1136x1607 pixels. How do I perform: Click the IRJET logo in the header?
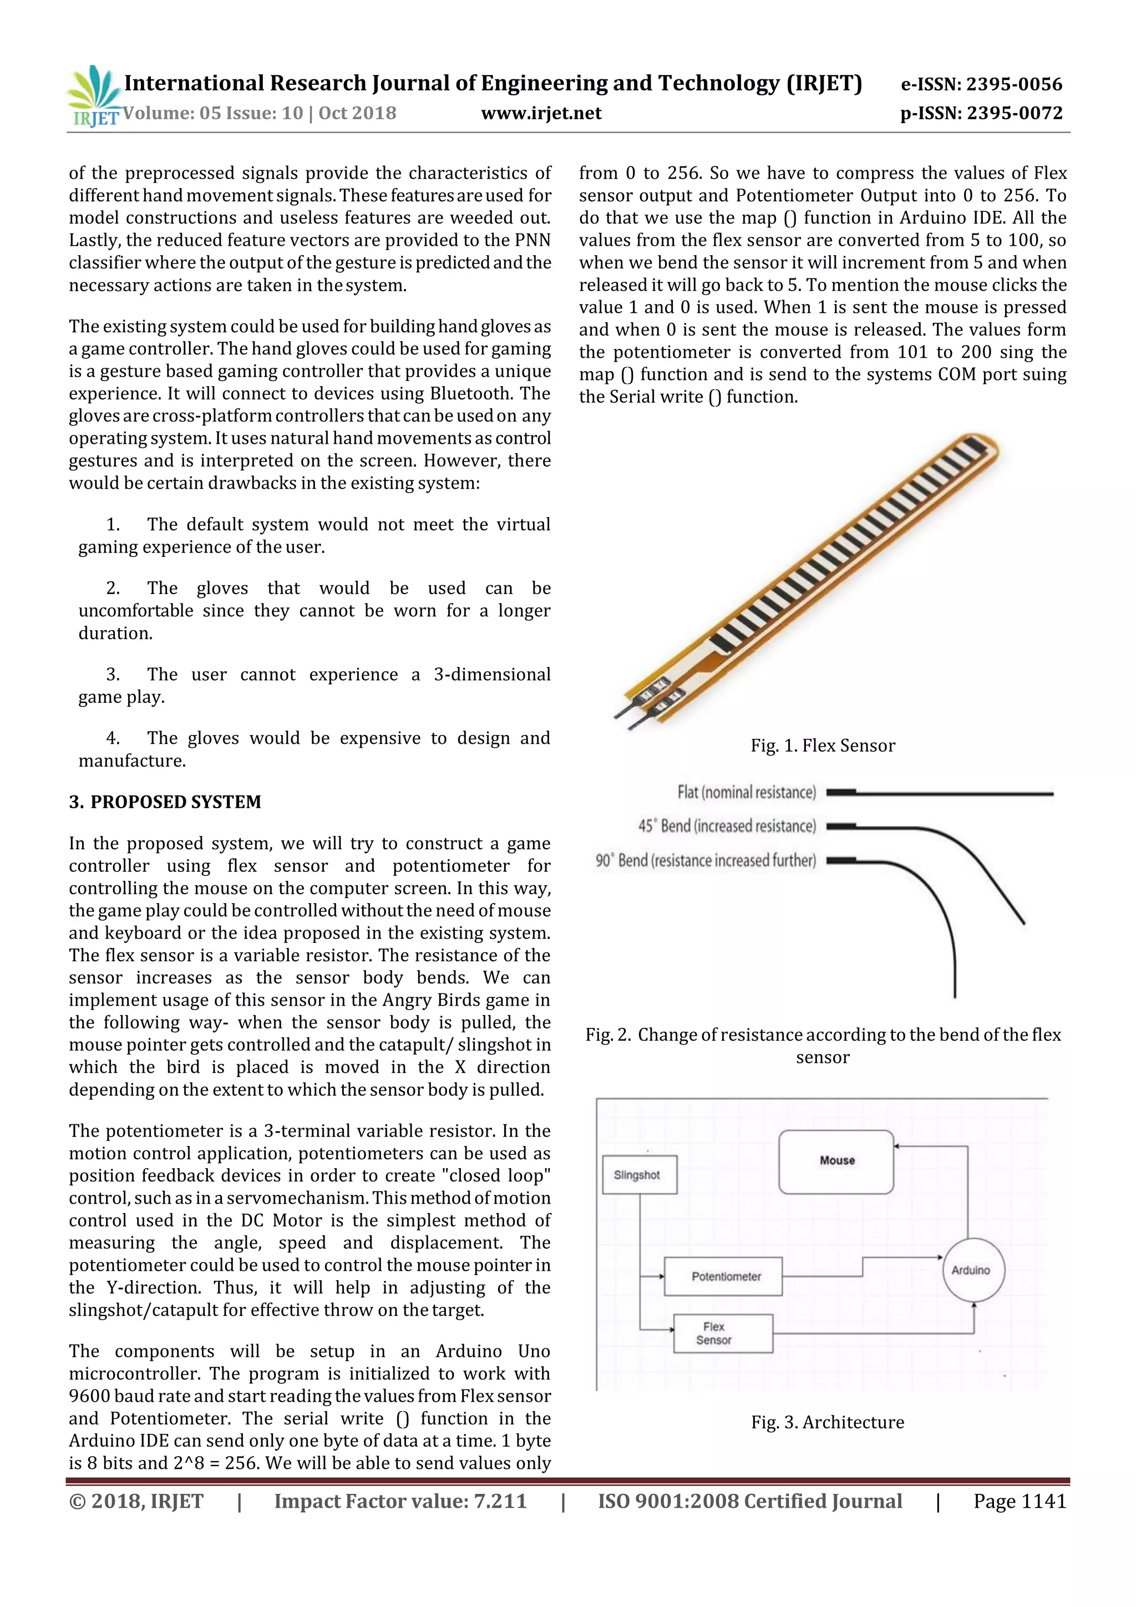click(94, 96)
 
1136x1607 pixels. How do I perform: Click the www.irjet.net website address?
click(541, 113)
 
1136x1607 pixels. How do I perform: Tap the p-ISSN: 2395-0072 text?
click(981, 113)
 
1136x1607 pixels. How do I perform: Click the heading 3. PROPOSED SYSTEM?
click(165, 802)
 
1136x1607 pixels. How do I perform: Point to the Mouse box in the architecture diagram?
click(836, 1161)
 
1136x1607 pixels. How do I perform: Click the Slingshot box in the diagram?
click(639, 1175)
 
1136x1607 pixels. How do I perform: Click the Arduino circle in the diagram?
click(971, 1270)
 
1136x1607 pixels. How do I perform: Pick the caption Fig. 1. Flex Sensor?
click(823, 746)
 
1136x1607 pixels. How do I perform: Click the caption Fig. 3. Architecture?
click(828, 1422)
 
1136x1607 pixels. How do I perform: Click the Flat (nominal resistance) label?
click(746, 792)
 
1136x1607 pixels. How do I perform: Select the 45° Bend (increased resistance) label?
click(727, 827)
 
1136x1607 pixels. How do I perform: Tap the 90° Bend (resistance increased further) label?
click(706, 860)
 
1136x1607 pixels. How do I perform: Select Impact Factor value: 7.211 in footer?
click(400, 1501)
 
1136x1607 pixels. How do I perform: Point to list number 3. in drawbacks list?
click(113, 675)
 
